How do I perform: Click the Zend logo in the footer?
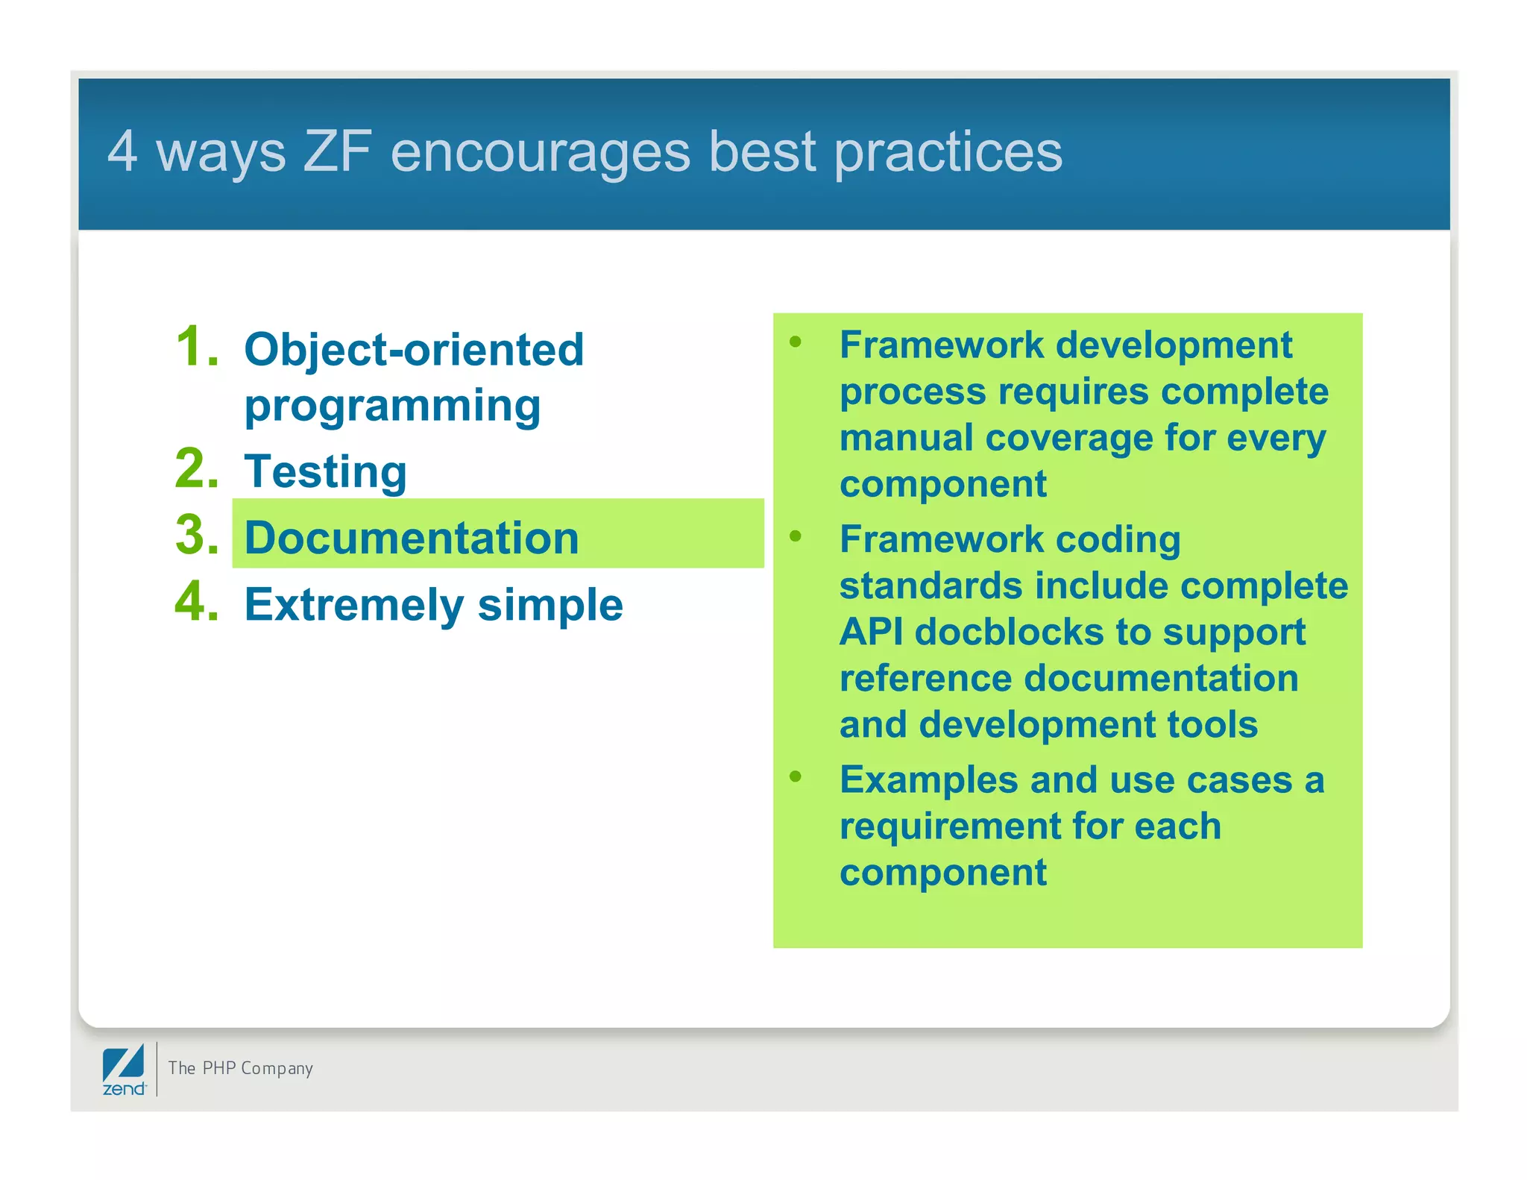tap(124, 1070)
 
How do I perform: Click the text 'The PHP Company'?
tap(240, 1068)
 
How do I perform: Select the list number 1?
tap(197, 347)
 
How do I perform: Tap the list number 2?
tap(197, 469)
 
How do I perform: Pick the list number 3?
tap(197, 536)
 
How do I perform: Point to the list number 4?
tap(197, 602)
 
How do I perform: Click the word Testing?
tap(325, 471)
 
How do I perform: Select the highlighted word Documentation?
tap(412, 538)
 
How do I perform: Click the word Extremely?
tap(354, 605)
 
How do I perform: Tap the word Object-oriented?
tap(414, 349)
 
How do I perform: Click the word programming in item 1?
tap(392, 407)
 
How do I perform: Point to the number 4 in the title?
tap(122, 151)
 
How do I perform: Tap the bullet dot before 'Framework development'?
tap(796, 342)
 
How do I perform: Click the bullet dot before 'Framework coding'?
tap(796, 536)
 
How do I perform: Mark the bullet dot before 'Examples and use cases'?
tap(796, 777)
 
